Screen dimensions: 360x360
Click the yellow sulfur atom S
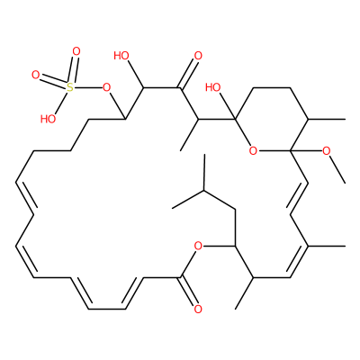coord(69,87)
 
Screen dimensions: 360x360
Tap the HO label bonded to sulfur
coord(48,119)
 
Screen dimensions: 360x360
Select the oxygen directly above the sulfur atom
coord(76,51)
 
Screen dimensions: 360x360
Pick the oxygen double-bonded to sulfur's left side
coord(35,76)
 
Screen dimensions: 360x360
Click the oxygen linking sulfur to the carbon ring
coord(106,88)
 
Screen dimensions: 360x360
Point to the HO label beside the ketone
coord(121,56)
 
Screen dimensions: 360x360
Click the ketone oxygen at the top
coord(198,56)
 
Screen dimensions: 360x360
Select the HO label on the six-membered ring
coord(212,87)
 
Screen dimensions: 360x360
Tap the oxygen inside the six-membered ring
coord(253,151)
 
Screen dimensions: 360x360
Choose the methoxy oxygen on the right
coord(327,151)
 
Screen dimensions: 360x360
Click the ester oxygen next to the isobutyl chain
coord(198,247)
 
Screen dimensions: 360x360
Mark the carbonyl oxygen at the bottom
coord(198,309)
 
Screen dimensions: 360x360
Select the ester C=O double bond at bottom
coord(188,291)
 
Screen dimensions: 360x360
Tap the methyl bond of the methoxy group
coord(337,169)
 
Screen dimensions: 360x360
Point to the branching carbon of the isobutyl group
coord(204,190)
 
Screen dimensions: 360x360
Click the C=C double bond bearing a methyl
coord(298,261)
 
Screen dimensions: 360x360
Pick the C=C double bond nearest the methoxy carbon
coord(298,198)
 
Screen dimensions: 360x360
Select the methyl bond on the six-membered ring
coord(327,120)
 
